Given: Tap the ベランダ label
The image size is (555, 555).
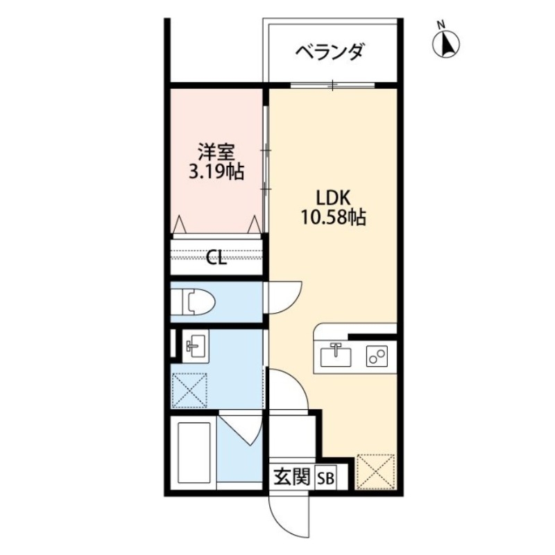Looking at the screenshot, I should [329, 53].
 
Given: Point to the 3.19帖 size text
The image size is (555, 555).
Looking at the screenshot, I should [216, 171].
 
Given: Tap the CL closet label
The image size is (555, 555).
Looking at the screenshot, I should [216, 259].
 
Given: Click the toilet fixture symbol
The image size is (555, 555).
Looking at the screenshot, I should [194, 302].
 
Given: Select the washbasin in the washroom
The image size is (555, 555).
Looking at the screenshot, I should [194, 344].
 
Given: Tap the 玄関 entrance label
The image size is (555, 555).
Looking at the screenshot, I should [291, 477].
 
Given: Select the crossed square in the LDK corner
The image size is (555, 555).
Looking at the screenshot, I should [376, 472].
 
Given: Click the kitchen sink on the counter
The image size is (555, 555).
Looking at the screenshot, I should [336, 357].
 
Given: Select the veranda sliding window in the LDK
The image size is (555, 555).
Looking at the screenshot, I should [332, 86].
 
